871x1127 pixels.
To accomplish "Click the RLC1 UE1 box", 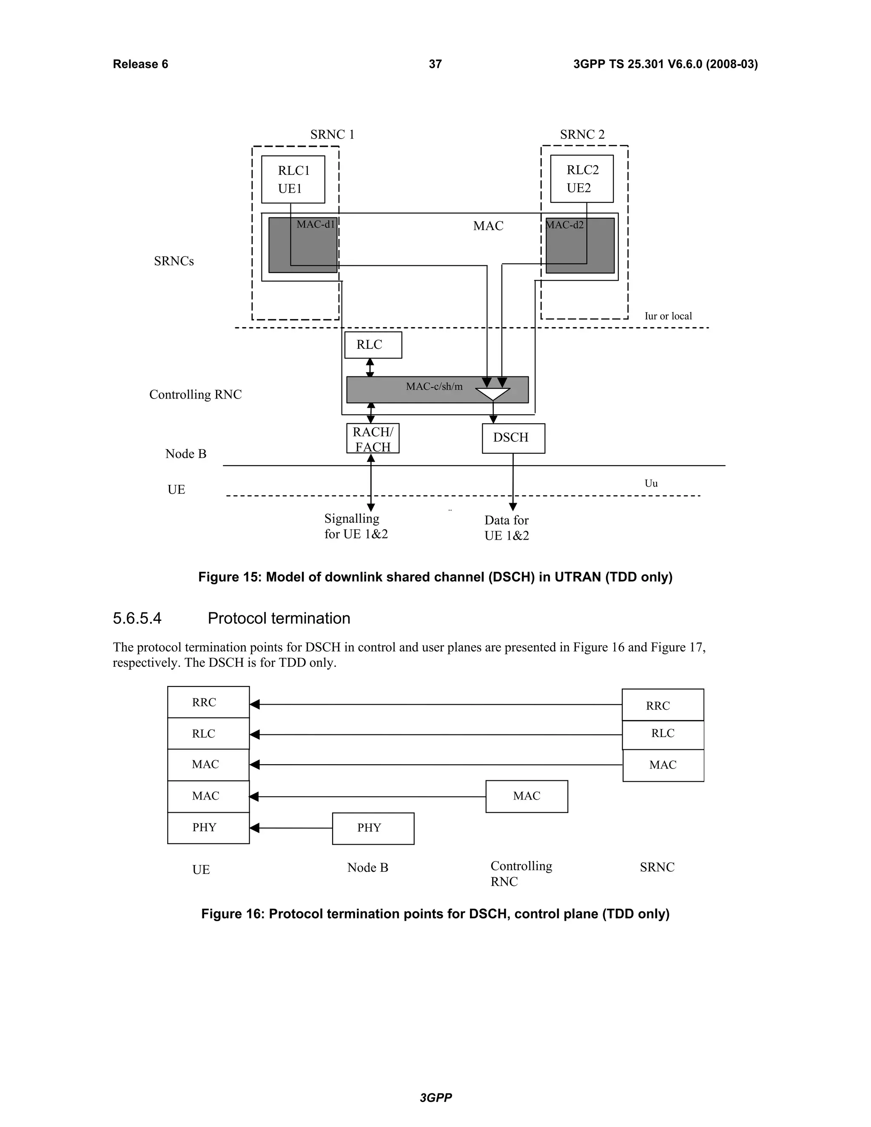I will click(293, 179).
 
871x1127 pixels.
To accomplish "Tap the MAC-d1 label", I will click(315, 225).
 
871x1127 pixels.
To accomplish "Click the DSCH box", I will click(513, 438).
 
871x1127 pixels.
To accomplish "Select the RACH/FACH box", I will click(373, 438).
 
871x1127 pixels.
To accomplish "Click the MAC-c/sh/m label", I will click(434, 387).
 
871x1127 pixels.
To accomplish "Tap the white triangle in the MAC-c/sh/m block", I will click(493, 394).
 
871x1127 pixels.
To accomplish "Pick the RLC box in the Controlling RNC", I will click(373, 345).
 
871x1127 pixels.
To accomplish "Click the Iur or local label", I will click(668, 316).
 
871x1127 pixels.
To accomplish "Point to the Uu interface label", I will click(651, 484).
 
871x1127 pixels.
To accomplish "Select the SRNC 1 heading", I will click(332, 135).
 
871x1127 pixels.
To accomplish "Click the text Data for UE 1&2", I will click(506, 528).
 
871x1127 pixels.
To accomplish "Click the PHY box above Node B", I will click(373, 828).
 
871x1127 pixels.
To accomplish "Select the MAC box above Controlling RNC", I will click(527, 796).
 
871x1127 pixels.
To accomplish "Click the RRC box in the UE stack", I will click(208, 702).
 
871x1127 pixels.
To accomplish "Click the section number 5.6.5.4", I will click(137, 618).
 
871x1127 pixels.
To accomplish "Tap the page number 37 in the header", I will click(435, 64).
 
